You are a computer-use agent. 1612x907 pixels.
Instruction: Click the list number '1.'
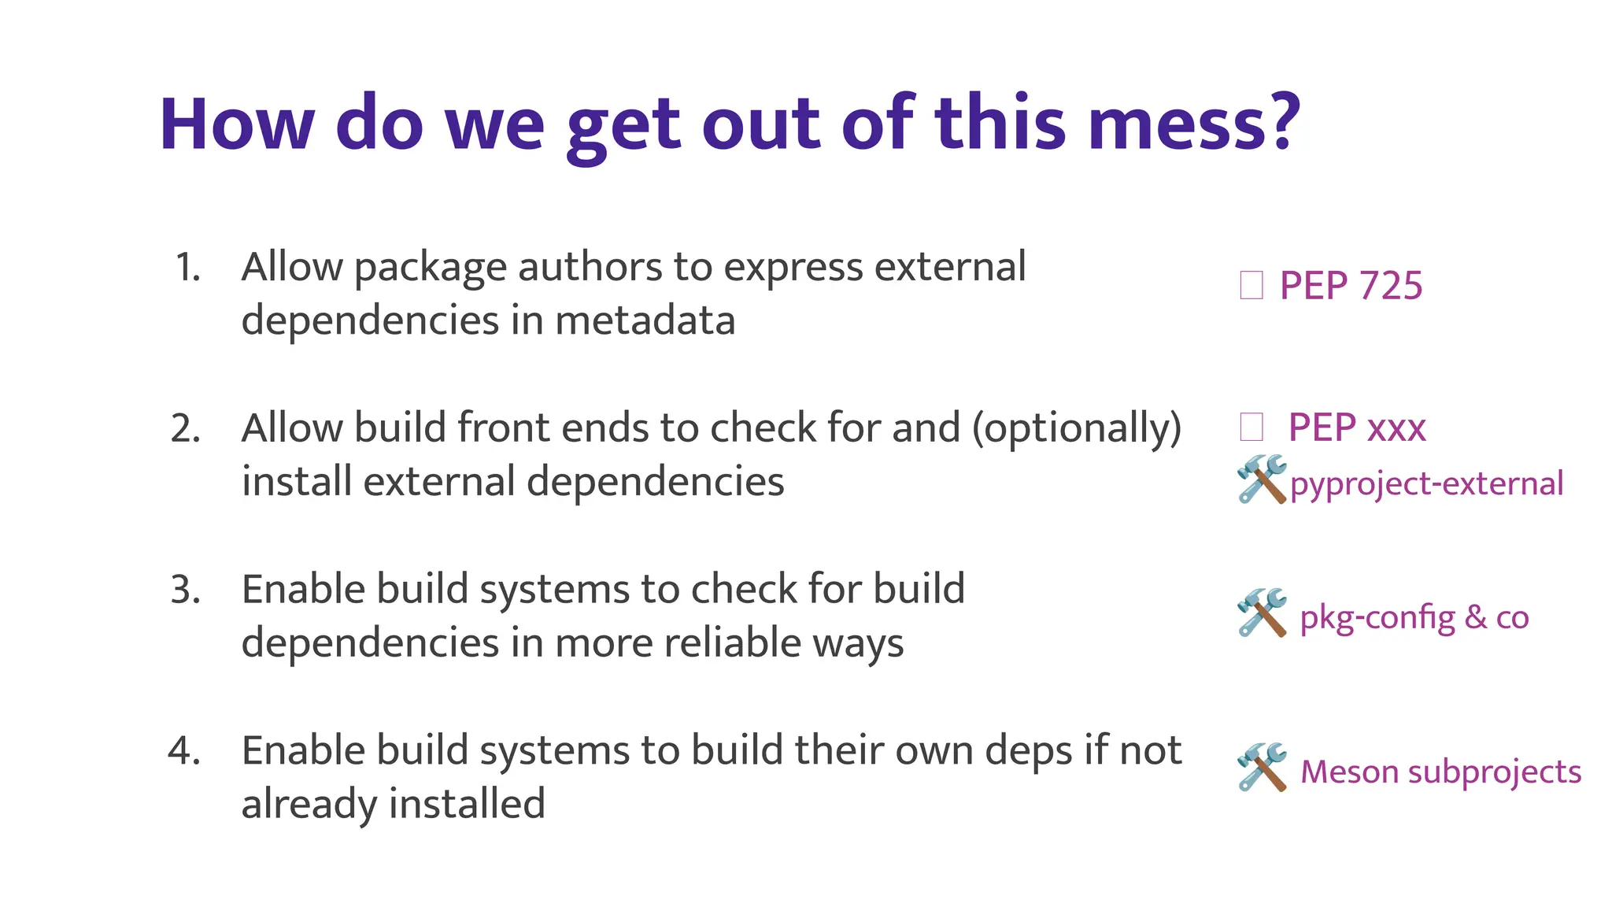click(x=187, y=267)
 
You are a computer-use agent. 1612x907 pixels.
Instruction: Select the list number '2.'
click(x=186, y=428)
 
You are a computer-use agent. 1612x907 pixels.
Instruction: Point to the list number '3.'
click(x=186, y=590)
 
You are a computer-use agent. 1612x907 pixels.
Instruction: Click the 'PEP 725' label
click(x=1351, y=285)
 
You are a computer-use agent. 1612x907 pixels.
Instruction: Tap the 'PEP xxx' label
click(x=1356, y=428)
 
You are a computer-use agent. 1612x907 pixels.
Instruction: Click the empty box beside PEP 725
click(x=1251, y=285)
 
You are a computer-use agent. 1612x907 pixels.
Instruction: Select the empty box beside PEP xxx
click(x=1251, y=428)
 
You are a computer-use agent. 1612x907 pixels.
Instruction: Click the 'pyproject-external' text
click(x=1426, y=483)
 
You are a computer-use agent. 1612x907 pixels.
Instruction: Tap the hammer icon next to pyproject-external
click(x=1261, y=479)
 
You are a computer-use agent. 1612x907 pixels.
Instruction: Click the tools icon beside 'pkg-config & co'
click(x=1261, y=612)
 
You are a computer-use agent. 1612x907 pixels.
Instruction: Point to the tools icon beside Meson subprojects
click(x=1261, y=767)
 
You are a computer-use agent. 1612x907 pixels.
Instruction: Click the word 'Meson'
click(x=1349, y=772)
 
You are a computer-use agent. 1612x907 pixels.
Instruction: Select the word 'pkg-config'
click(x=1377, y=617)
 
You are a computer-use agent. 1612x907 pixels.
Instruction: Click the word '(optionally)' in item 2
click(x=1077, y=429)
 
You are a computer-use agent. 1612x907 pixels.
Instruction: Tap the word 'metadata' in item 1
click(x=645, y=320)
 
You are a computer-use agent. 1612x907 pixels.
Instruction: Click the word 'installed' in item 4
click(x=466, y=804)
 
